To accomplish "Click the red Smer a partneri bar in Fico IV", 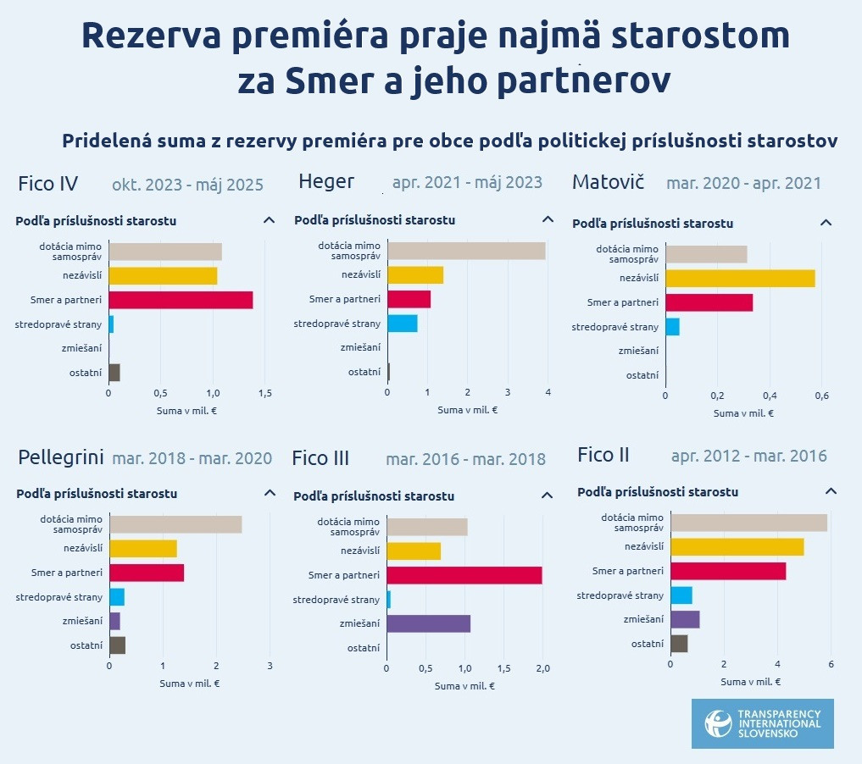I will [x=181, y=300].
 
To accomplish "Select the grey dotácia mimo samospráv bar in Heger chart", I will [x=466, y=251].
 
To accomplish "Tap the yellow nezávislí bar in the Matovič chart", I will [x=740, y=278].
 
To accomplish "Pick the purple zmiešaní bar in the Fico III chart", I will [x=428, y=624].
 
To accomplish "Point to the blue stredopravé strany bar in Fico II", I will [x=681, y=595].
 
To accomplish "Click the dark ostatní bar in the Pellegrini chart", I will [x=117, y=645].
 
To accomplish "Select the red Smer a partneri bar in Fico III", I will [x=464, y=576].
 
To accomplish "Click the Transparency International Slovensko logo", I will [x=762, y=723].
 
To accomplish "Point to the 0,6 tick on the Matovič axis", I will [x=821, y=396].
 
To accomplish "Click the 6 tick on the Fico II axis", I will [x=831, y=664].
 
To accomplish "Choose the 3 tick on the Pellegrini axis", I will [x=270, y=666].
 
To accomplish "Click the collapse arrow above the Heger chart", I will [x=548, y=219].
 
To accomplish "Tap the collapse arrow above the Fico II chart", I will [x=831, y=491].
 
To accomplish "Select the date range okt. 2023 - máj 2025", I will [x=187, y=185].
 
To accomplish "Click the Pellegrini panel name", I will [x=60, y=458].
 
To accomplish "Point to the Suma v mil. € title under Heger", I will [x=467, y=410].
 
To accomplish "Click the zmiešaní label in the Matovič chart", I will [x=638, y=351].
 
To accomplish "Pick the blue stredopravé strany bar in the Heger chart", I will [x=402, y=323].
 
